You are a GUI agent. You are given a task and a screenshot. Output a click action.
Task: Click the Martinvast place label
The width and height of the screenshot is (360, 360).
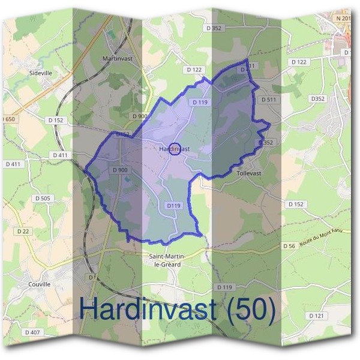[117, 59]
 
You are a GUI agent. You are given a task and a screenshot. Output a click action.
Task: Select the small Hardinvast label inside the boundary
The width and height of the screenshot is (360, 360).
[175, 149]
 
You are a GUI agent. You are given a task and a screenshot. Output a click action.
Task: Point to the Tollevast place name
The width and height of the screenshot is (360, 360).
[249, 173]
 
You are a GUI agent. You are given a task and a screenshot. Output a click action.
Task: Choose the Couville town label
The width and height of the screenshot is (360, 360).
[40, 284]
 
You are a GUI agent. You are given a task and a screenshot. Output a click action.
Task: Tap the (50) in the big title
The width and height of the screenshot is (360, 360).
[248, 310]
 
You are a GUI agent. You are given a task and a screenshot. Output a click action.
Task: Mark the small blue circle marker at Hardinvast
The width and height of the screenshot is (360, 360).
[174, 149]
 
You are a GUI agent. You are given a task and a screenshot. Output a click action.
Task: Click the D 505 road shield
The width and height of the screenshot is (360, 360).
[43, 198]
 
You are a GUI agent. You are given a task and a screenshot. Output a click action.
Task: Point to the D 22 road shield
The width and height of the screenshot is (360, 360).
[23, 231]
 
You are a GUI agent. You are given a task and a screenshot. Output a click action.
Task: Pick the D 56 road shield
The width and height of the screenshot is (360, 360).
[289, 246]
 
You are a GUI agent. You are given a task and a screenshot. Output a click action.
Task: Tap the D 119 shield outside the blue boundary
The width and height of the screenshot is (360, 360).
[224, 287]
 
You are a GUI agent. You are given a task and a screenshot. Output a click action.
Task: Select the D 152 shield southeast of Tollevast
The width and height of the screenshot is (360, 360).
[296, 204]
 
